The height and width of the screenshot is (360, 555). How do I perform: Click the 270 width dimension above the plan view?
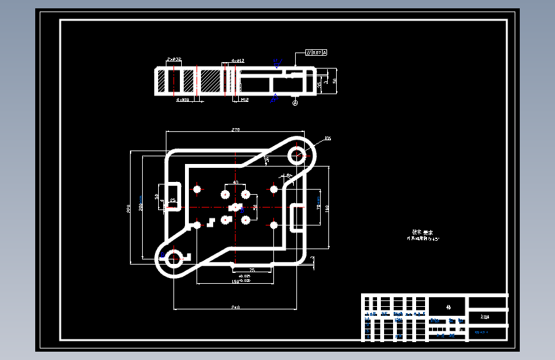(235, 129)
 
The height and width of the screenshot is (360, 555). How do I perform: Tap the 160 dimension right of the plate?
(326, 208)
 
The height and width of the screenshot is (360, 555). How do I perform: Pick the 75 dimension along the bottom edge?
(252, 270)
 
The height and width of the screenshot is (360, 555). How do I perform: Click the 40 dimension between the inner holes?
(235, 183)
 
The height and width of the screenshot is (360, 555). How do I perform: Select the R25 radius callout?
(328, 138)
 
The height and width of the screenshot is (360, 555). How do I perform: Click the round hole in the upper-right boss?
(296, 154)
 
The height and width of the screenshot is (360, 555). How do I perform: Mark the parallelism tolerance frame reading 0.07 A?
(316, 53)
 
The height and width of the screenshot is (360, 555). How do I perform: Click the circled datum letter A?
(295, 102)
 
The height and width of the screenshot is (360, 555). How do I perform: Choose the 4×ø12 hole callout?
(237, 61)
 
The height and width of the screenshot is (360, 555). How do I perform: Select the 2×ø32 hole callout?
(173, 59)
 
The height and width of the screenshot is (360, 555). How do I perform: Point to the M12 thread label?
(245, 100)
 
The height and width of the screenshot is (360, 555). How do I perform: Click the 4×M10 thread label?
(182, 100)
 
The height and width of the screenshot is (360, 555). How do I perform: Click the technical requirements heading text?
(422, 233)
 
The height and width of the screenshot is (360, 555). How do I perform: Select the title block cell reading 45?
(448, 307)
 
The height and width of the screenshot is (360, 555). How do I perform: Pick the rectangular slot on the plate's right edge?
(298, 217)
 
